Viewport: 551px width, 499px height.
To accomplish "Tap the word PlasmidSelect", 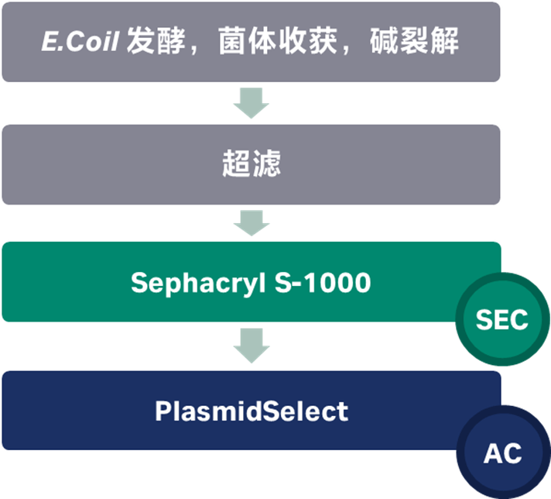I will pos(251,411).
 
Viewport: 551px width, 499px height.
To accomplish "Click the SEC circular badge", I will pos(501,319).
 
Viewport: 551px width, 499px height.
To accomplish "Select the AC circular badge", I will pos(502,453).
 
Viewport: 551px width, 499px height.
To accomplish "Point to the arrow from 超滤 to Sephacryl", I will pos(251,223).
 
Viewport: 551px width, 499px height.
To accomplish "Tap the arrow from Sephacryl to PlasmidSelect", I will pos(251,346).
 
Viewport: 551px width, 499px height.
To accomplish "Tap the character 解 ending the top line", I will pos(447,42).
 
